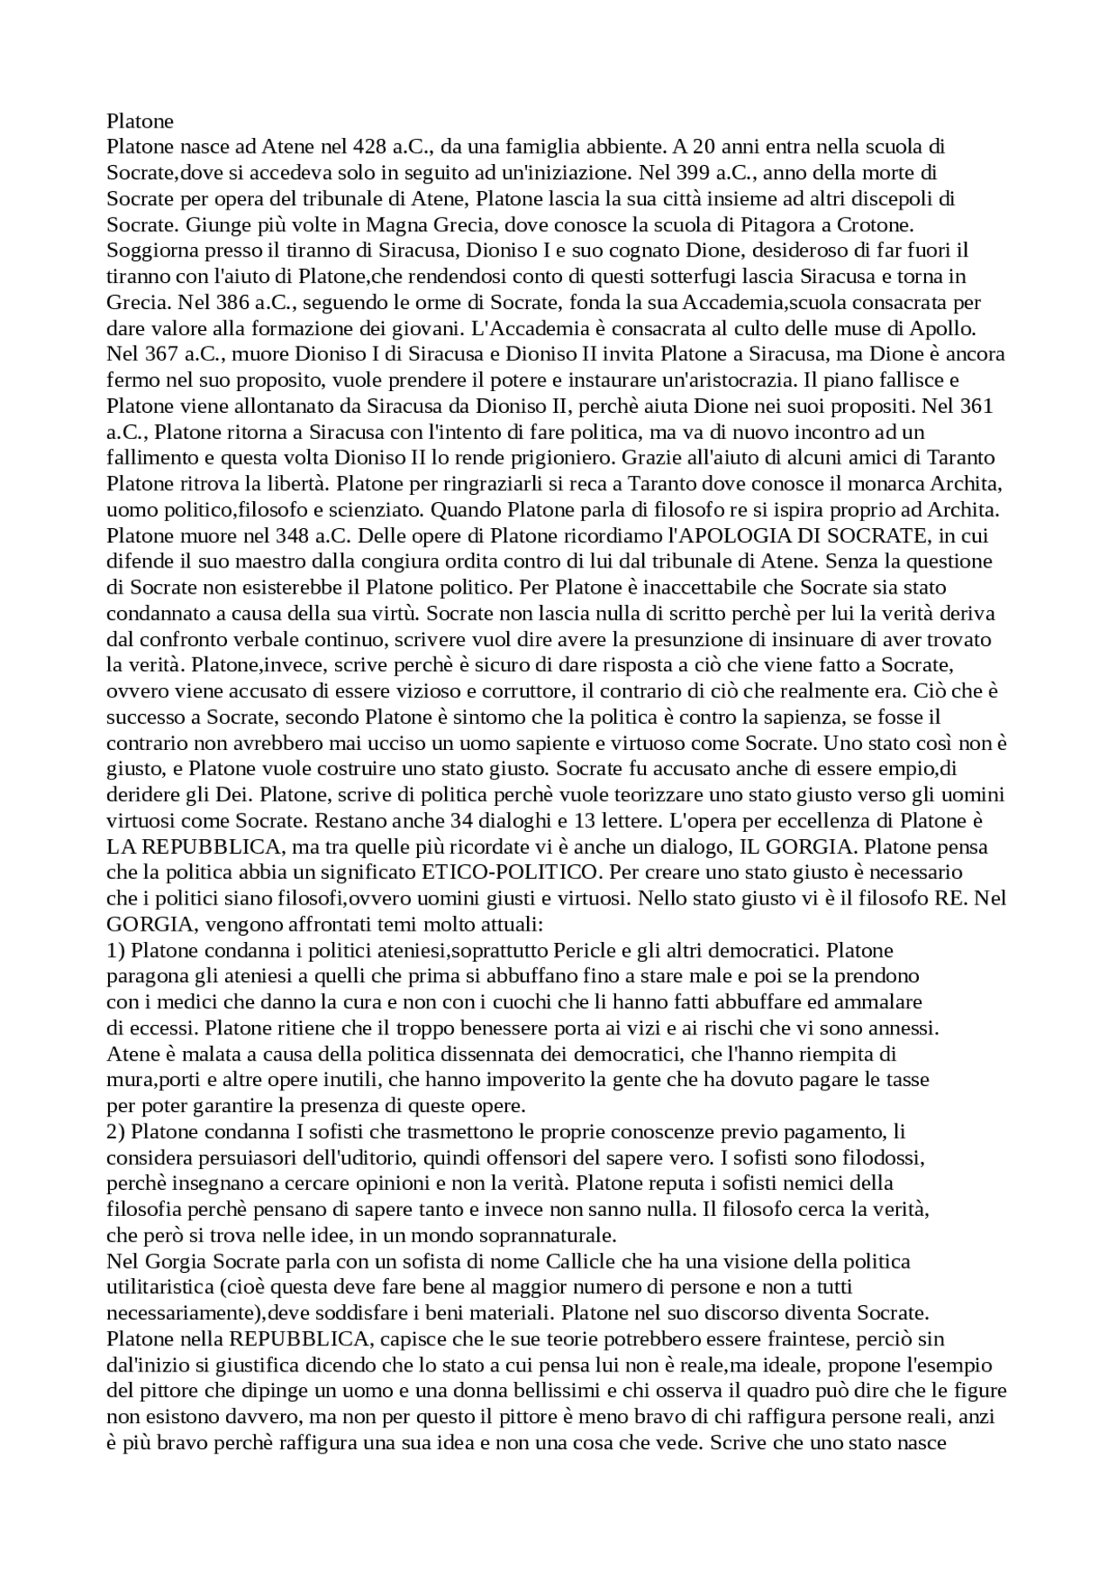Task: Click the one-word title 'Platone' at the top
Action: tap(140, 120)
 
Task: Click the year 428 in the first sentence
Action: tap(376, 146)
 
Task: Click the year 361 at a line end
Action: tap(976, 406)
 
